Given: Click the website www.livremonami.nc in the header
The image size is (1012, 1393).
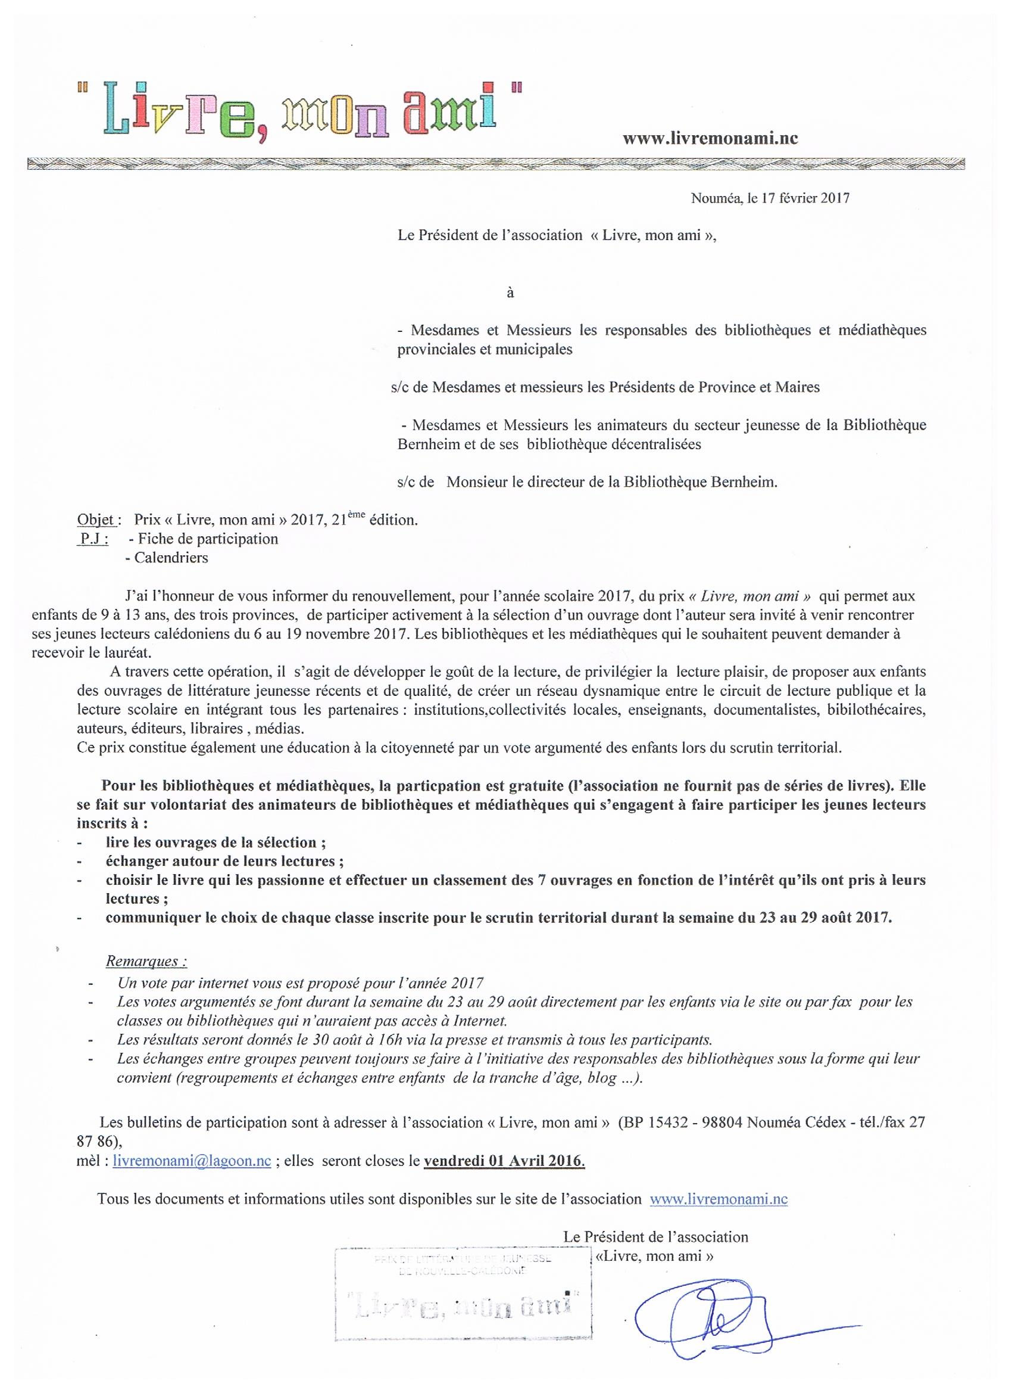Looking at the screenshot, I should coord(710,138).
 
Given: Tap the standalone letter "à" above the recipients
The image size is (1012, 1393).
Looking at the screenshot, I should coord(510,293).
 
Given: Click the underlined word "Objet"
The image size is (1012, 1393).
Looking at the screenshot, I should coord(96,520).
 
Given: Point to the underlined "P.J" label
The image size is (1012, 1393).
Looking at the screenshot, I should coord(94,539).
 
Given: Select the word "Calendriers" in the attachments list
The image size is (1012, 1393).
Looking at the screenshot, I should coord(171,558).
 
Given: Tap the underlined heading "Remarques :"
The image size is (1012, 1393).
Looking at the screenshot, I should coord(146,960).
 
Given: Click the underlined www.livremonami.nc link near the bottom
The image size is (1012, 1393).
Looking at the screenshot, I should coord(718,1198).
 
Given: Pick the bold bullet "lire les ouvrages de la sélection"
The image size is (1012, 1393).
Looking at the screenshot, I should coord(212,842).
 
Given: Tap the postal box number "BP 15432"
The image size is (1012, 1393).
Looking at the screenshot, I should coord(655,1123).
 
